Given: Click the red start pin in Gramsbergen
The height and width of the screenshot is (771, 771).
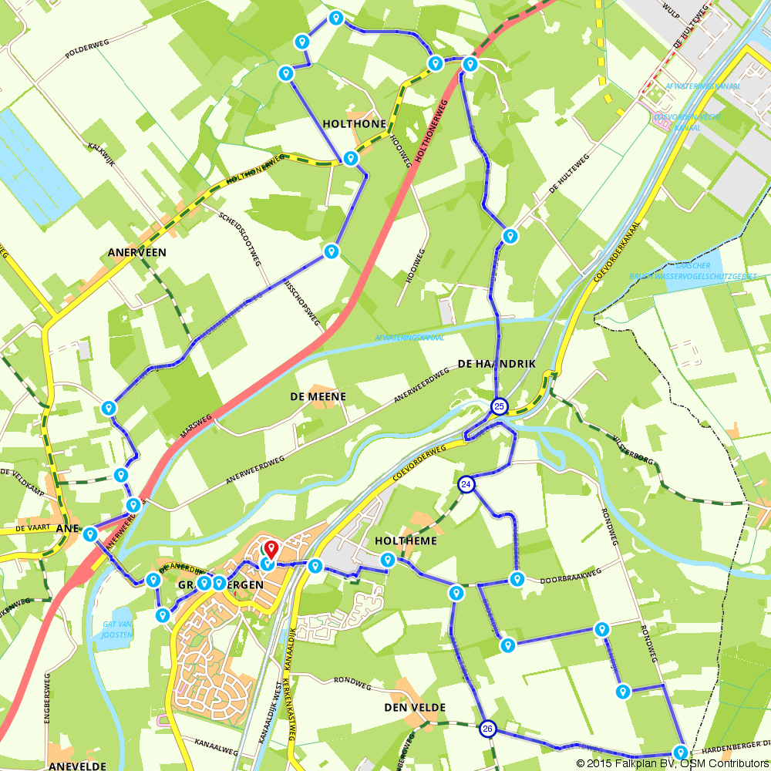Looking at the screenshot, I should click(x=271, y=549).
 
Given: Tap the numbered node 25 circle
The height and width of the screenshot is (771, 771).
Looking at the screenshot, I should click(x=500, y=406).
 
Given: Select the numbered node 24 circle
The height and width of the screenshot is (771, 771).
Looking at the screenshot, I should click(x=466, y=484).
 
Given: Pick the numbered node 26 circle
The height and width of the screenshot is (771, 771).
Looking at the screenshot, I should click(x=487, y=729).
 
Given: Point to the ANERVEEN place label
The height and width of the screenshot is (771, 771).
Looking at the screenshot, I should click(x=137, y=252).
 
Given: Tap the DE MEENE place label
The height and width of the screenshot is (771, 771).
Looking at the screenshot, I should click(x=318, y=396).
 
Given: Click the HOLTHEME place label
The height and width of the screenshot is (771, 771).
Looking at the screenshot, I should click(x=406, y=540).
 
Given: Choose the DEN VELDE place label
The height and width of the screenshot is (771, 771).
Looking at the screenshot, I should click(x=415, y=707).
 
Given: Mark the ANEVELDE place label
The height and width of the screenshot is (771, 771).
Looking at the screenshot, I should click(x=77, y=766).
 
